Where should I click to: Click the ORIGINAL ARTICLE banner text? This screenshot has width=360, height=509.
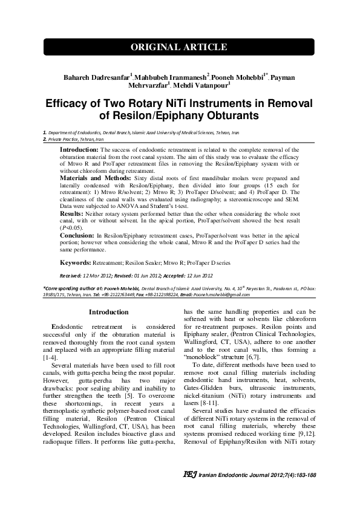180,47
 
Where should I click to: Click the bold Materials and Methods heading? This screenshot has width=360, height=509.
94,179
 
